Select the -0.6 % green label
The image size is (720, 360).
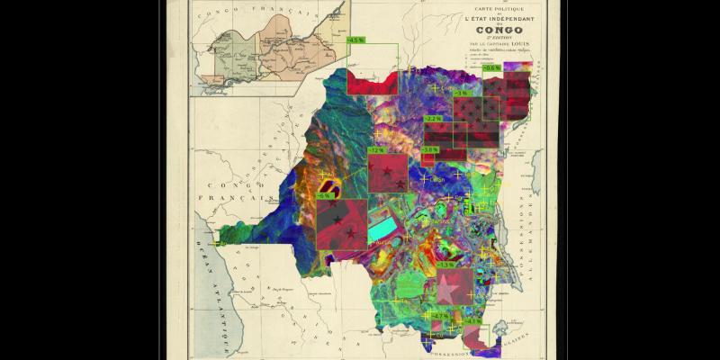(492, 67)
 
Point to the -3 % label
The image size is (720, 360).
(461, 94)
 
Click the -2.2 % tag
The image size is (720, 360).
(433, 119)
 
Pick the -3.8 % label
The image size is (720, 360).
(430, 149)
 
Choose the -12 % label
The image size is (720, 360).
(375, 150)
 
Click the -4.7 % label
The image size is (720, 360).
(439, 316)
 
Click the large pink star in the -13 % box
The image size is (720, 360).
(447, 290)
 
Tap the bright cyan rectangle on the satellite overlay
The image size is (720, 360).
(383, 225)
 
